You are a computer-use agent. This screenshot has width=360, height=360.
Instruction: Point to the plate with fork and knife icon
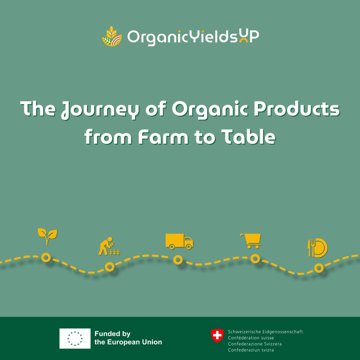click(x=317, y=248)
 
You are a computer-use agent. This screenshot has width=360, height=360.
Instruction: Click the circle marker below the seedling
click(x=46, y=257)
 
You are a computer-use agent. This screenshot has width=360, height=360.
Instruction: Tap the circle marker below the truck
click(x=178, y=260)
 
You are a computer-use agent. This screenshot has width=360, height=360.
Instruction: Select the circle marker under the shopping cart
click(x=255, y=258)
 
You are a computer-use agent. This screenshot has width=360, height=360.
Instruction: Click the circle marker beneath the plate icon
click(x=319, y=268)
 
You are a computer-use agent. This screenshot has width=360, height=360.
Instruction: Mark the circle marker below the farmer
click(x=109, y=266)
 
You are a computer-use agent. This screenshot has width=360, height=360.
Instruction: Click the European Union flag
click(x=75, y=338)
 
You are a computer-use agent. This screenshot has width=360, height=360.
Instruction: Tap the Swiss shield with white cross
click(x=217, y=336)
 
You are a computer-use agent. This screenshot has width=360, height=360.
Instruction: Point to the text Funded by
click(x=112, y=334)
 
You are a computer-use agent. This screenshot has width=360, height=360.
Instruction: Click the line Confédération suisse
click(x=251, y=338)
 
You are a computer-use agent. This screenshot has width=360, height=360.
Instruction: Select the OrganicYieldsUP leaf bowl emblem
click(x=112, y=37)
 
